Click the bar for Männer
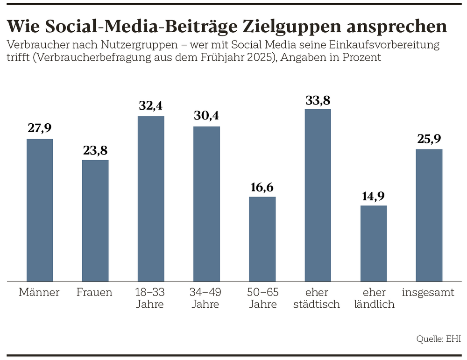click(x=40, y=210)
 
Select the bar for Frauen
click(x=95, y=220)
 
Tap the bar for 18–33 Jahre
click(x=151, y=198)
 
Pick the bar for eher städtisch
click(x=318, y=195)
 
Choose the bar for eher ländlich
click(x=373, y=243)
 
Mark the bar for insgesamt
click(x=429, y=215)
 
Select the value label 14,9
click(x=373, y=196)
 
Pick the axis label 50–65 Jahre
click(x=262, y=298)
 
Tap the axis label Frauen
click(x=94, y=293)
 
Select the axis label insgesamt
click(x=428, y=293)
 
